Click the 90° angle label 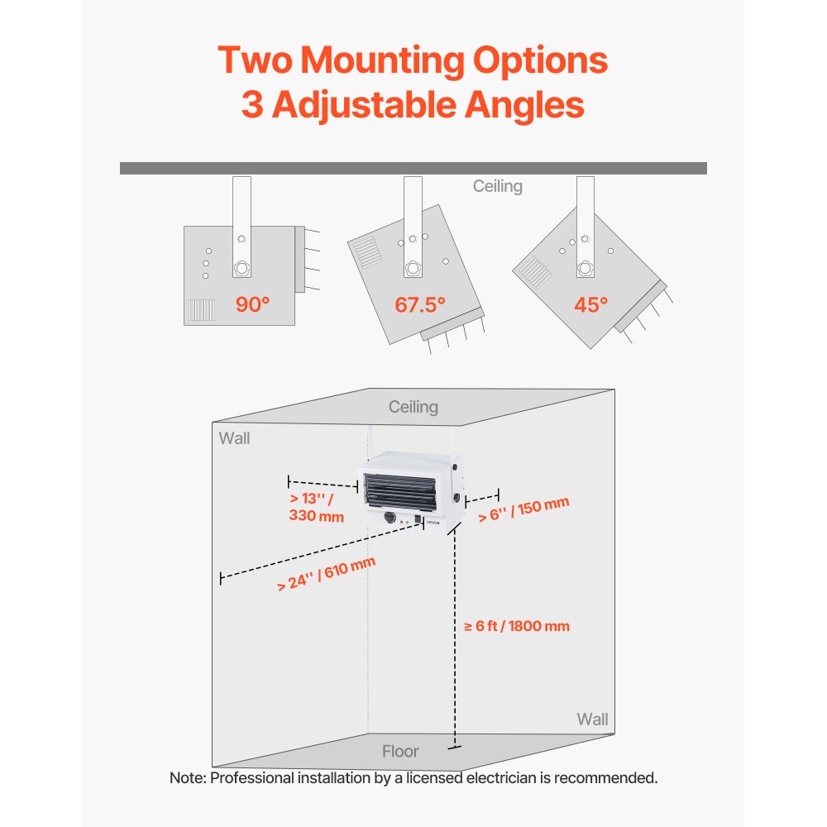coord(252,304)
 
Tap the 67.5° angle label coord(420,305)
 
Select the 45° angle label coord(590,305)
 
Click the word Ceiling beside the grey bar coord(497,186)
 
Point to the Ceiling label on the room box coord(413,407)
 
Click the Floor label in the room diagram coord(400,751)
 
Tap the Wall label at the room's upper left coord(234,438)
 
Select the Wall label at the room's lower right coord(592,719)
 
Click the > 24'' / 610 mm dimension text coord(326,574)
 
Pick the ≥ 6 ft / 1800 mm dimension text coord(517,626)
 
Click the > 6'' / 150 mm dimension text coord(523,509)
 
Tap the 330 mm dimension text coord(317,515)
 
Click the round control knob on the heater coord(390,518)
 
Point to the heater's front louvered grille coord(401,493)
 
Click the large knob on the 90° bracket coord(241,268)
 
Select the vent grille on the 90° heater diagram coord(202,310)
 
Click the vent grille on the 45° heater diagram coord(535,272)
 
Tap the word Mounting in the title coord(382,60)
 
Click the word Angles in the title coord(524,105)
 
